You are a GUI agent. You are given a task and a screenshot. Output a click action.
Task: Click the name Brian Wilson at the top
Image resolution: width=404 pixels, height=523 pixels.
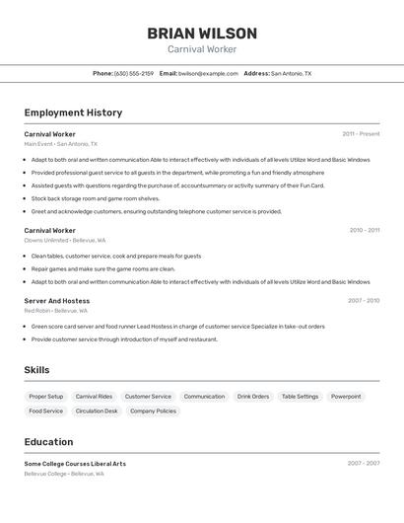(x=202, y=33)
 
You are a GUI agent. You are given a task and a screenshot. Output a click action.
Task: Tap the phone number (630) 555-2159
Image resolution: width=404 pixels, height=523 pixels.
(x=133, y=73)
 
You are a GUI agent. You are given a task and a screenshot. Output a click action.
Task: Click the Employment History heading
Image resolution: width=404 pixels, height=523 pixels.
(x=73, y=112)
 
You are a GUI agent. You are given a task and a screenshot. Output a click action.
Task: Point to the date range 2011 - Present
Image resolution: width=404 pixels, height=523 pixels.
(x=361, y=134)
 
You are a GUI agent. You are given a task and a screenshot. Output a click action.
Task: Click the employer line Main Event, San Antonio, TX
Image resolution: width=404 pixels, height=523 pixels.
(x=60, y=144)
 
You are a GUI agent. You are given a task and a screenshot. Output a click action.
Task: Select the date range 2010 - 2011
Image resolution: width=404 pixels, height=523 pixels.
(x=364, y=230)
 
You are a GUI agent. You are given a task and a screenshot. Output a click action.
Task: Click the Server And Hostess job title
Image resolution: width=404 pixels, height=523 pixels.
(x=56, y=301)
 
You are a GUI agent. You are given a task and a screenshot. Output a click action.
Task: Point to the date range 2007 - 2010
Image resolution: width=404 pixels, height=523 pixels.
(x=363, y=301)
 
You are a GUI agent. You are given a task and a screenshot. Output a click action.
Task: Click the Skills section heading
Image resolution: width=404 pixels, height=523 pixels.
(x=36, y=370)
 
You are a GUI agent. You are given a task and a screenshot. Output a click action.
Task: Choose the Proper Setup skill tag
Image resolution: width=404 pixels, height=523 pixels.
(x=45, y=397)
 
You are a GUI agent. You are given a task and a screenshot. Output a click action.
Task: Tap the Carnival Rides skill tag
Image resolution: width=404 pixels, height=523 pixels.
(x=94, y=397)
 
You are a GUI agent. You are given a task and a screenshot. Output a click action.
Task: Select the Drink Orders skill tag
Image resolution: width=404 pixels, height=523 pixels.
(x=253, y=397)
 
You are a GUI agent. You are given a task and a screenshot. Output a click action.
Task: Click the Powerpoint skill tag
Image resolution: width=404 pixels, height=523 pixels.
(x=346, y=397)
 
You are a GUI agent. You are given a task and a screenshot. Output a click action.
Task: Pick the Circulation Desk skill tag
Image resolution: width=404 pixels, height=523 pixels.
(x=97, y=411)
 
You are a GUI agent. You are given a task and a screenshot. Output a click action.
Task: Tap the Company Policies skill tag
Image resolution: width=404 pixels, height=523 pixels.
(x=153, y=411)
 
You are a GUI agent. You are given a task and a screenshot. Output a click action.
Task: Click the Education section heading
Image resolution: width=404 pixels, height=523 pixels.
(x=48, y=442)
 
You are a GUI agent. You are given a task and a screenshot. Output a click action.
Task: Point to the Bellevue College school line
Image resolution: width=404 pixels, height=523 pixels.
(x=64, y=474)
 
